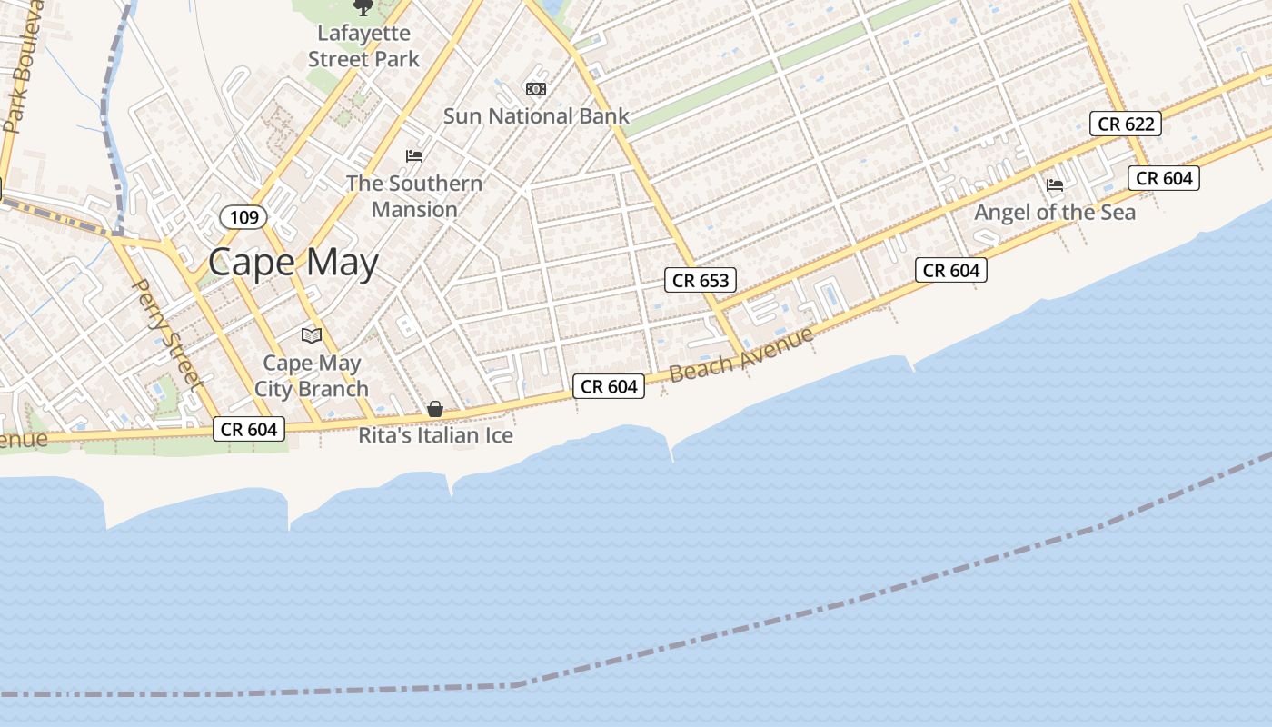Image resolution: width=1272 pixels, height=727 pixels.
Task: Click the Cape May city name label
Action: click(x=293, y=263)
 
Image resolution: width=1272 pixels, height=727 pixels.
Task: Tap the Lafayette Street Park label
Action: click(x=363, y=46)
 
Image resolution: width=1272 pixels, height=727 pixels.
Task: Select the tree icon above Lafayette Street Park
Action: click(x=363, y=8)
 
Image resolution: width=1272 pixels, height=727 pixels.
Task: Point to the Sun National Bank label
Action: click(x=536, y=116)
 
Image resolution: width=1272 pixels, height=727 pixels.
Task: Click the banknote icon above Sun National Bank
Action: click(x=535, y=89)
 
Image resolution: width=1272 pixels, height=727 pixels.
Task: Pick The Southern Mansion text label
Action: click(x=414, y=196)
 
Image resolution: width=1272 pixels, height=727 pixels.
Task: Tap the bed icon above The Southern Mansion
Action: click(x=414, y=156)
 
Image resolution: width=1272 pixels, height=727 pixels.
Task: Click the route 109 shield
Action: click(x=243, y=217)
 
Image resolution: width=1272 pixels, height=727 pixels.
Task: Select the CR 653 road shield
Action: click(x=701, y=280)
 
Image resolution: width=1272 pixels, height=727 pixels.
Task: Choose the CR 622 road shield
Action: click(x=1126, y=124)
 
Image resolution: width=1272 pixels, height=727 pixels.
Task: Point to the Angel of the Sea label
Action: click(x=1055, y=213)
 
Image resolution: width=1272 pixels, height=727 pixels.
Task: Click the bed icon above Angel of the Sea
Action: click(x=1055, y=185)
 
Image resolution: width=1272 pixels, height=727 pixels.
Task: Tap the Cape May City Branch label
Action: click(x=312, y=376)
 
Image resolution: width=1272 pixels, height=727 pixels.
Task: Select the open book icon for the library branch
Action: click(x=312, y=335)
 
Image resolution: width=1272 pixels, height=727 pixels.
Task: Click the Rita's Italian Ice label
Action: click(x=435, y=436)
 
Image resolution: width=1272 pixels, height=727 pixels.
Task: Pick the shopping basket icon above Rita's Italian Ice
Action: click(x=435, y=410)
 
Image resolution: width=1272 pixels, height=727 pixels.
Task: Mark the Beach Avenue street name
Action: click(x=740, y=355)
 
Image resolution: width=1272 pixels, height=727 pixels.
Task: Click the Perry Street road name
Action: click(x=166, y=334)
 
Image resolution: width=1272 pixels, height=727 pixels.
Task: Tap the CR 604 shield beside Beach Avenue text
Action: click(x=609, y=386)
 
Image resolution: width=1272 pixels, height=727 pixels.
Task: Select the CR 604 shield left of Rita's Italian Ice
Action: click(x=249, y=429)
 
